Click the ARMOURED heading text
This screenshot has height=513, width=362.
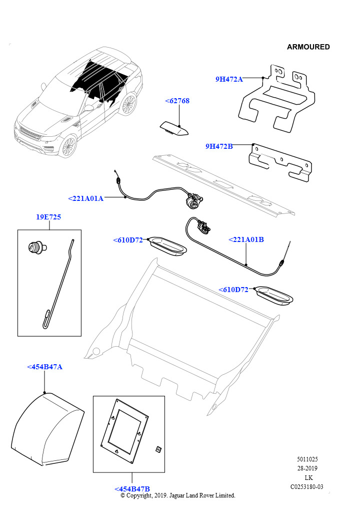pyautogui.click(x=308, y=47)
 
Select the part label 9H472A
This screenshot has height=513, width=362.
pyautogui.click(x=229, y=79)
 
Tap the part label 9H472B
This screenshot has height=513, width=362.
pyautogui.click(x=219, y=146)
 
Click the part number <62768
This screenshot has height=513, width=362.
pyautogui.click(x=177, y=101)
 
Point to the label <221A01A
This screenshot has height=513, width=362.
pyautogui.click(x=85, y=198)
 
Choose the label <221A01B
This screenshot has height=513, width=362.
pyautogui.click(x=246, y=239)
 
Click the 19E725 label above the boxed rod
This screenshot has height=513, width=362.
pyautogui.click(x=48, y=217)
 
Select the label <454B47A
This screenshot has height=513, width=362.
pyautogui.click(x=44, y=367)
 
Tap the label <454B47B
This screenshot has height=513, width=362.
pyautogui.click(x=132, y=489)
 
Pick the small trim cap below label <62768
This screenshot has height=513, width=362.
pyautogui.click(x=173, y=129)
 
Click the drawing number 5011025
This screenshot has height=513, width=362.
pyautogui.click(x=307, y=459)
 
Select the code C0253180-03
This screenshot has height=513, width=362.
pyautogui.click(x=307, y=486)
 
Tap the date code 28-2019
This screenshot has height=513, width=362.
pyautogui.click(x=307, y=468)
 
